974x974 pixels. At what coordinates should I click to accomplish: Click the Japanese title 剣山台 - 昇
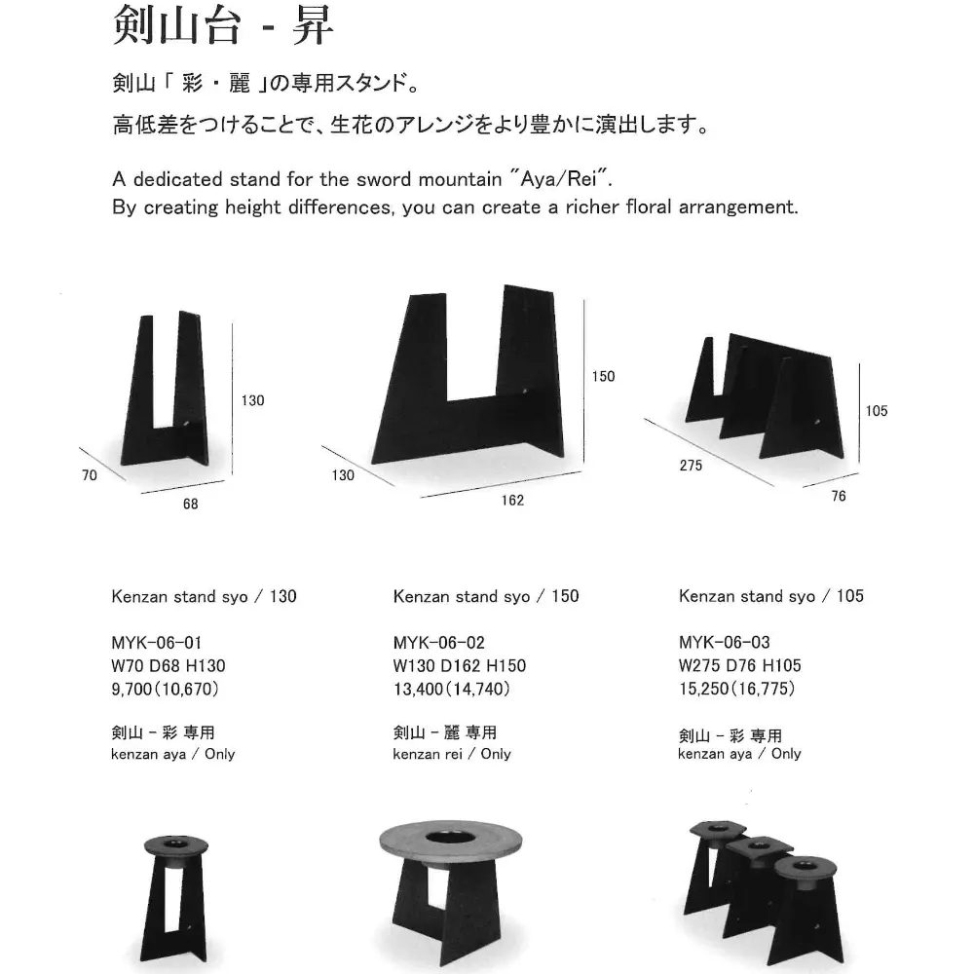223,27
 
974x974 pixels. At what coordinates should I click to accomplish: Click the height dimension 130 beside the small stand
252,400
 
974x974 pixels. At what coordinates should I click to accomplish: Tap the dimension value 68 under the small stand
190,504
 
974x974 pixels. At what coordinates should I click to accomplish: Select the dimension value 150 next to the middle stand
603,376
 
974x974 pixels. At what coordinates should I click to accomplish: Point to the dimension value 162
512,501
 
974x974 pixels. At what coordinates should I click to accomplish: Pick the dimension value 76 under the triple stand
839,497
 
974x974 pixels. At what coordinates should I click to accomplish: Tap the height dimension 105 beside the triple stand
876,411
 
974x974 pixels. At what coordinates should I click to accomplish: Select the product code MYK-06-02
438,643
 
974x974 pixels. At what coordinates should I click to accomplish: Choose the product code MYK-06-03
724,643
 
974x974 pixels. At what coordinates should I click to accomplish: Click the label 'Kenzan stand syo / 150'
485,596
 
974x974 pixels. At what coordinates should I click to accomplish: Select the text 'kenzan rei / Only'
451,754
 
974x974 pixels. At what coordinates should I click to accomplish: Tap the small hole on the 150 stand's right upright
528,393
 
